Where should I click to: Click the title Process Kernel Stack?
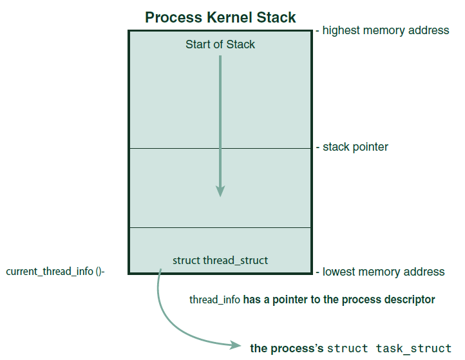pos(220,17)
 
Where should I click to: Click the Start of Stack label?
pos(220,44)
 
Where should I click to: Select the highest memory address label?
pos(385,30)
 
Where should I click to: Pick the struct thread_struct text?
pos(220,260)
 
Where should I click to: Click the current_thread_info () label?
pos(55,272)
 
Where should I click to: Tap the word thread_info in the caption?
pos(214,299)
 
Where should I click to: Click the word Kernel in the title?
pos(234,17)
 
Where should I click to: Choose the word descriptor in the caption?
pos(411,299)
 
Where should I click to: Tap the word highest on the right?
pos(342,30)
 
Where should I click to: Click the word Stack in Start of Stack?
pos(241,44)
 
